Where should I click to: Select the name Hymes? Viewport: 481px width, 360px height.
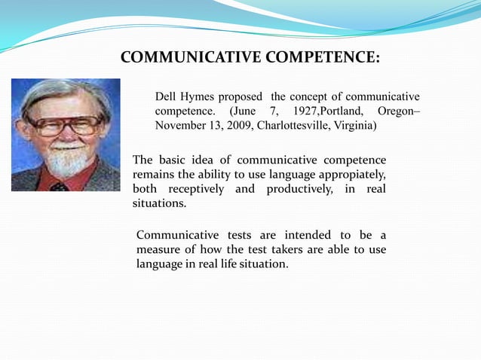point(201,97)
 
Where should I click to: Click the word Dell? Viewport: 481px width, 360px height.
point(166,97)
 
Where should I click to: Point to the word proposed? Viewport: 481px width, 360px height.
point(243,97)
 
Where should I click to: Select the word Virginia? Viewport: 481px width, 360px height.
point(351,125)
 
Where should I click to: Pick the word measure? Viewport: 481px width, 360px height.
point(159,251)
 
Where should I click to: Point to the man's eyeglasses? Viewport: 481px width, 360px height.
point(66,125)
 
